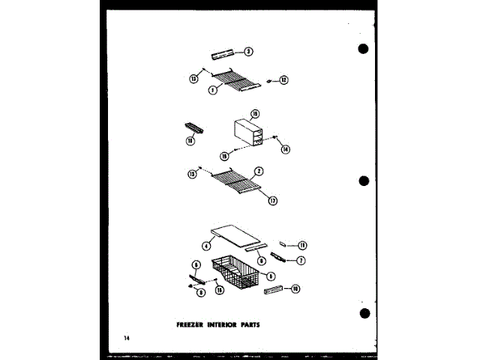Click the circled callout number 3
pos(248,52)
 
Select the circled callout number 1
pos(214,89)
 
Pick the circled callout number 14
pos(285,149)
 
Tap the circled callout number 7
pos(301,261)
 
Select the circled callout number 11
pos(302,244)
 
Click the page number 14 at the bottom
pos(128,342)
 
